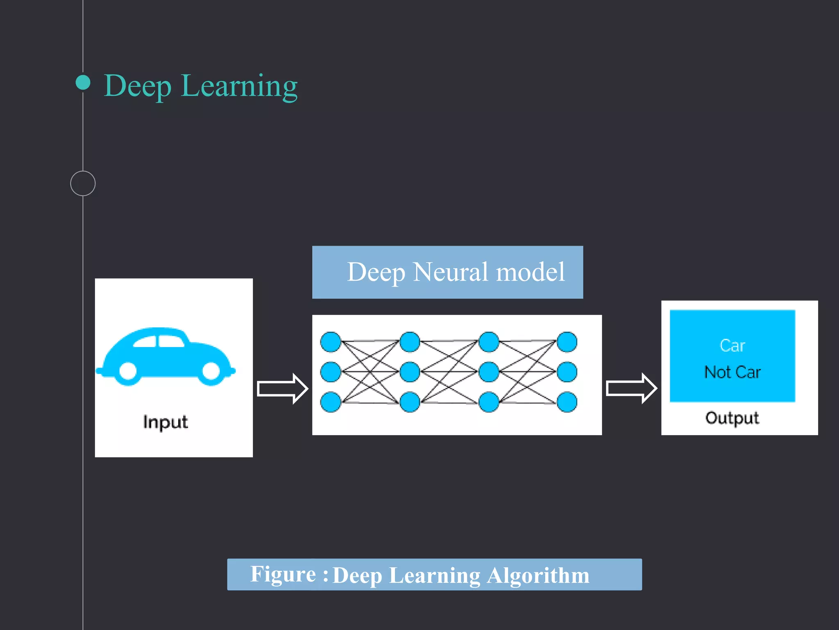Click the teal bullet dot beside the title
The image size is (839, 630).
click(83, 82)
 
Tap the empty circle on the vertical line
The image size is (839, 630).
click(83, 183)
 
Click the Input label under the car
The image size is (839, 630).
click(166, 422)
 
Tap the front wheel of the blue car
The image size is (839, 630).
click(211, 371)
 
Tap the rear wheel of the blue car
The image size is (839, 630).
click(128, 371)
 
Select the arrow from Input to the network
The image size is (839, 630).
click(282, 388)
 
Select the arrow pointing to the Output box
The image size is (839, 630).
click(631, 388)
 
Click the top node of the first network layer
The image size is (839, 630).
click(331, 342)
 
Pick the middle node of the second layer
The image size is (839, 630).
click(410, 372)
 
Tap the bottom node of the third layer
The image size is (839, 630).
click(489, 402)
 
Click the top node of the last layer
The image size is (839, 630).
click(567, 342)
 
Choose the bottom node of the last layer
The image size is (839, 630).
click(567, 402)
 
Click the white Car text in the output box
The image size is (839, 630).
click(732, 346)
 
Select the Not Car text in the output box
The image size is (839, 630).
click(732, 372)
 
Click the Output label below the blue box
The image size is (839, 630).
click(732, 418)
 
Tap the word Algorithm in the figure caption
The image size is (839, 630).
click(538, 575)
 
